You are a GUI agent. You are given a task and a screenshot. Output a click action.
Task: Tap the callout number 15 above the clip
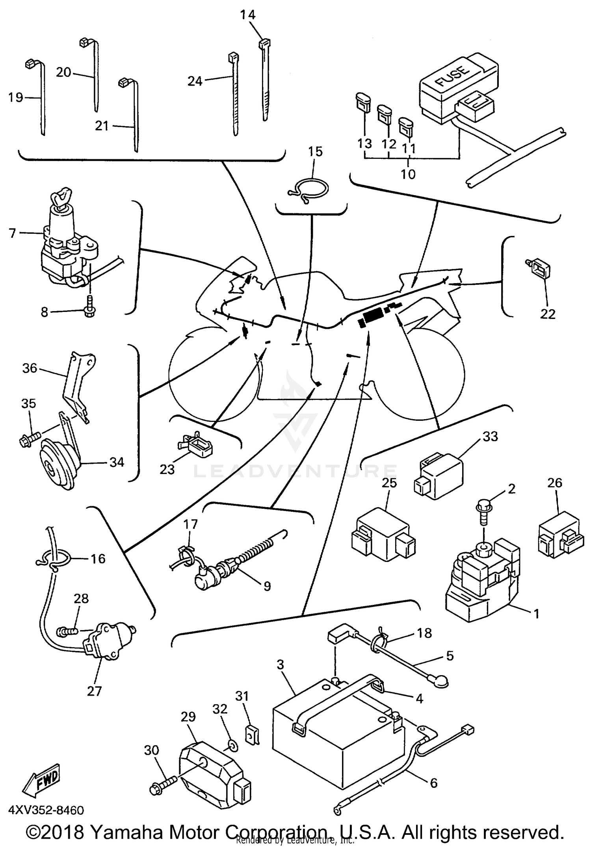point(315,151)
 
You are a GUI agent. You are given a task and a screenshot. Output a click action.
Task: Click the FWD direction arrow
point(41,782)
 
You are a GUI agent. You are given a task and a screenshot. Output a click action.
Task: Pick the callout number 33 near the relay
point(490,436)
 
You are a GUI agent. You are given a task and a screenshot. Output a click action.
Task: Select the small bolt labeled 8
point(89,311)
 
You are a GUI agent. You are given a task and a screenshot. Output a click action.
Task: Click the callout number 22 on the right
point(548,314)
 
